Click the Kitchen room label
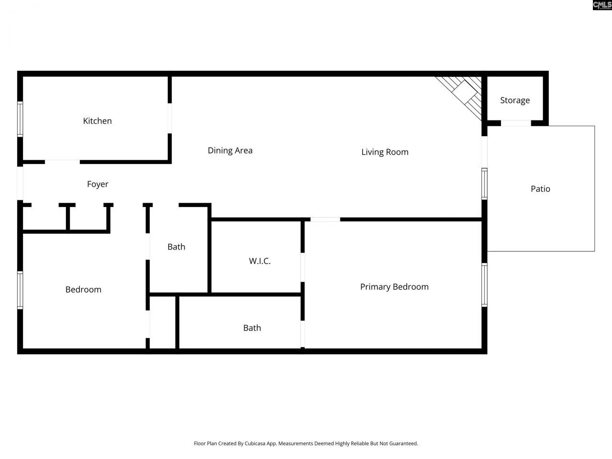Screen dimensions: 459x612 click(98, 121)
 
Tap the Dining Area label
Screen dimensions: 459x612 click(230, 151)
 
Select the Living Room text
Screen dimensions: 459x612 click(385, 152)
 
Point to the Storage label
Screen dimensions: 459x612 click(515, 100)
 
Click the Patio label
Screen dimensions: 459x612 click(540, 189)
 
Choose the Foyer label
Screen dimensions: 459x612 click(98, 184)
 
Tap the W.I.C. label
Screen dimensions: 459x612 click(260, 261)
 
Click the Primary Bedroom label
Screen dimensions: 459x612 click(394, 287)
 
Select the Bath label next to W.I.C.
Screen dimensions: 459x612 click(176, 247)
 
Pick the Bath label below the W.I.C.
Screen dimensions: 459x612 click(252, 328)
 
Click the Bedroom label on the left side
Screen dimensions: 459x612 click(83, 289)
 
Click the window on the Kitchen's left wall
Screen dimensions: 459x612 click(20, 119)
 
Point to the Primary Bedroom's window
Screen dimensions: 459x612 click(484, 284)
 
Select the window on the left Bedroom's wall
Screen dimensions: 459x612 click(20, 290)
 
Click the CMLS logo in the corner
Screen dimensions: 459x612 click(602, 5)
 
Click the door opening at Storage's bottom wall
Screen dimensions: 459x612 click(515, 123)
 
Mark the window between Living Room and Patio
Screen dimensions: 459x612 click(484, 184)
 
